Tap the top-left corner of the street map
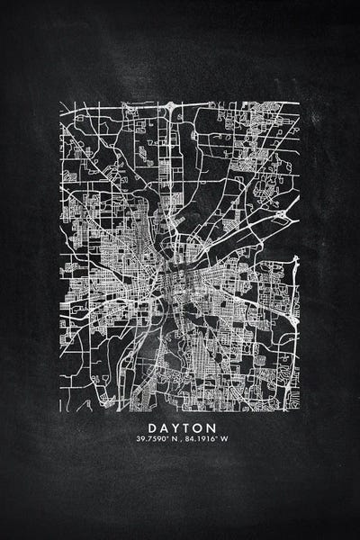[x=61, y=102]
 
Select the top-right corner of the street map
[x=299, y=102]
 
